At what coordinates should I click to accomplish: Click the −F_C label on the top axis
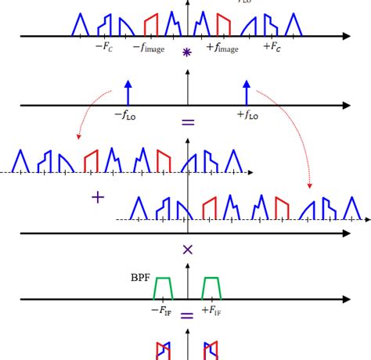103,48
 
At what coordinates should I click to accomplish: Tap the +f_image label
223,49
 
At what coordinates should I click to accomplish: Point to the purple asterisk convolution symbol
186,53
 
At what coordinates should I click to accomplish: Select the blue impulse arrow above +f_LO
247,91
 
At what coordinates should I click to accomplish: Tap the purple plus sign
98,198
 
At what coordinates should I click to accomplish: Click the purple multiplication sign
187,250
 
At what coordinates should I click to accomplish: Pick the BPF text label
140,276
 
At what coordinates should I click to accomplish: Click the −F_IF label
162,310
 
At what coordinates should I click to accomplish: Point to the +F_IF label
210,310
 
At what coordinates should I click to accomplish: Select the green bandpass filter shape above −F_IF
163,288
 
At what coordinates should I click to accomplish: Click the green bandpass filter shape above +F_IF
211,288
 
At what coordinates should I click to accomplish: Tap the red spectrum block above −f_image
151,24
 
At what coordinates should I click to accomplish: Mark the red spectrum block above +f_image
223,24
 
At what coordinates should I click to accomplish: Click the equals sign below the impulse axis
187,123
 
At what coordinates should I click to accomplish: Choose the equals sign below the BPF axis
186,317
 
